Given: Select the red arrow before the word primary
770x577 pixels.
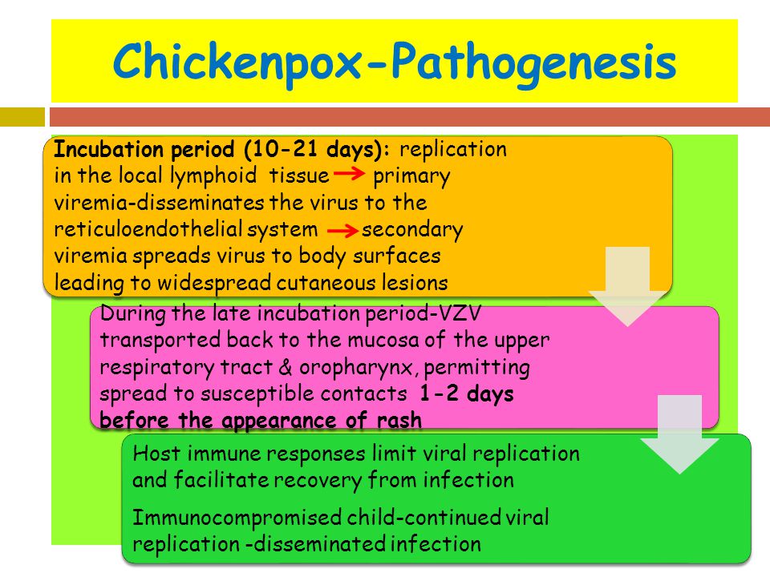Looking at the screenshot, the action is tap(349, 174).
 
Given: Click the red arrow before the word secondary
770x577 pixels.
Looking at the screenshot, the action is tap(342, 230).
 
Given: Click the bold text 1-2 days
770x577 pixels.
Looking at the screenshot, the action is tap(467, 394).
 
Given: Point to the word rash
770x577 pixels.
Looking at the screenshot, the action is tap(399, 421).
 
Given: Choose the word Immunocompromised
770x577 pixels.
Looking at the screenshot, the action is tap(237, 518).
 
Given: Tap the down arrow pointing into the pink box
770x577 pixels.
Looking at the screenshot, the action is tap(627, 287).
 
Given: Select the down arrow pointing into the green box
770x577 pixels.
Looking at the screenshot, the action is tap(679, 434).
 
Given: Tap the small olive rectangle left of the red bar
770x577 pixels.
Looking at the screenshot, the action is tap(22, 117).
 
